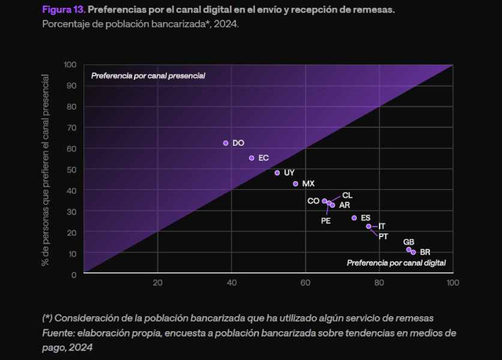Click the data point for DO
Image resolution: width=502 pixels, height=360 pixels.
point(226,143)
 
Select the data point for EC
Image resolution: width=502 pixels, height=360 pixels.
point(252,158)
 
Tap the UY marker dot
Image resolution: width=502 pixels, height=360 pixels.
point(277,173)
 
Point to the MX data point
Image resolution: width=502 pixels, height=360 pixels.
point(295,184)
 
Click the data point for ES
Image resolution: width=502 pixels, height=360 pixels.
point(354,218)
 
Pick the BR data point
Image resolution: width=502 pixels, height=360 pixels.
point(413,252)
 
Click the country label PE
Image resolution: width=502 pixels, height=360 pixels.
point(326,220)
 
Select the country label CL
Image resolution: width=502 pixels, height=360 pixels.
point(347,196)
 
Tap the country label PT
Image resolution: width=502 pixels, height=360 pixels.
point(383,236)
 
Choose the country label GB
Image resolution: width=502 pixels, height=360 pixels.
point(408,242)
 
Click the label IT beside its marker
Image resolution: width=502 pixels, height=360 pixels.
point(382,226)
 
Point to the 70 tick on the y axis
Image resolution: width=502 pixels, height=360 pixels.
point(72,127)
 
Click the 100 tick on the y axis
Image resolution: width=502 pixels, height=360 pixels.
point(70,65)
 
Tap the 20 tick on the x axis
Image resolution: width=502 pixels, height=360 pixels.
point(157,283)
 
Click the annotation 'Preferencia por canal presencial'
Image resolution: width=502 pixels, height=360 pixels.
point(148,76)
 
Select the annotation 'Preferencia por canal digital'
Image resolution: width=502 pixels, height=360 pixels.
point(396,263)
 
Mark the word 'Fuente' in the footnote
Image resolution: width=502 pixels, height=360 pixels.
point(58,332)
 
